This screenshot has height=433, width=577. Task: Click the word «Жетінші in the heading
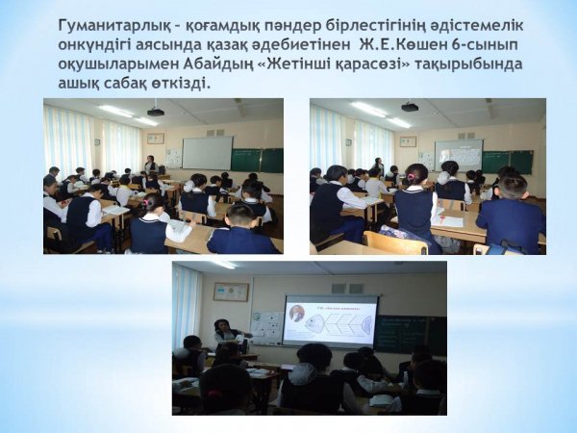click(x=299, y=64)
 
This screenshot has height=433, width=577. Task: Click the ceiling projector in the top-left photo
click(x=155, y=112)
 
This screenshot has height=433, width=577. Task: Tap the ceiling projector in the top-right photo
click(x=410, y=107)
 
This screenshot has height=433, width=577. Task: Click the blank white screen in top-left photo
click(x=208, y=153)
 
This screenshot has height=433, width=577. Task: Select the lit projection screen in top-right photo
click(x=459, y=155)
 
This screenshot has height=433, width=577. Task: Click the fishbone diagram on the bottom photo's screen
click(x=338, y=320)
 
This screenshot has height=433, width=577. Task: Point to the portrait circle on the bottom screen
click(x=296, y=314)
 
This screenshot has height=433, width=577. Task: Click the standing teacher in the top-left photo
click(x=150, y=165)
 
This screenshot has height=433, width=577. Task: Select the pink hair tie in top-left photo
click(x=146, y=203)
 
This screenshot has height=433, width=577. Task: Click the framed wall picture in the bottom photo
click(x=231, y=292)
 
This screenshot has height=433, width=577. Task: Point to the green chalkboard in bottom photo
click(x=411, y=334)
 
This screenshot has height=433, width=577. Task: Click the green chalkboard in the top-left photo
click(x=257, y=160)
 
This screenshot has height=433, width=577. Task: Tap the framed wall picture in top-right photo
click(x=408, y=141)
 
